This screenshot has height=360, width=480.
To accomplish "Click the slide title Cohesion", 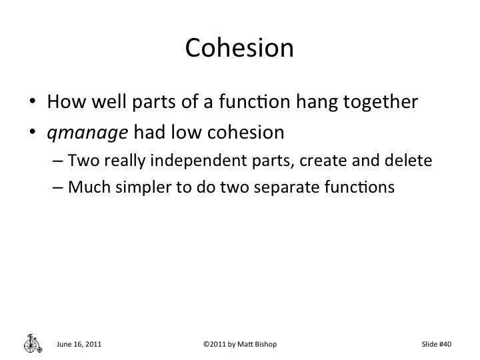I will (239, 48).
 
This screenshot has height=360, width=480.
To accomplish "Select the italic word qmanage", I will (87, 133).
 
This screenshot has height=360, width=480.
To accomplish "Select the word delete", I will (411, 161).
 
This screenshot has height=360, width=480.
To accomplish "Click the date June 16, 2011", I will (79, 344).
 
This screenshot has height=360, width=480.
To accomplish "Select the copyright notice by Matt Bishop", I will (239, 344).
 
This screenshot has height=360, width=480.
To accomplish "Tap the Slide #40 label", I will (437, 344).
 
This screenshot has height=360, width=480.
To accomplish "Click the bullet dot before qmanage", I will (32, 133).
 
